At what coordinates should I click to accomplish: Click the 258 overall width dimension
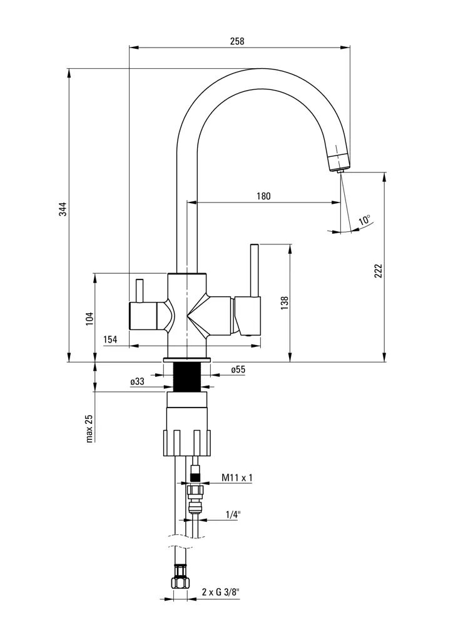point(237,41)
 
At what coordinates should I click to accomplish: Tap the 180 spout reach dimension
point(263,196)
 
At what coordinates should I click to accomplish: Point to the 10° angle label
point(364,221)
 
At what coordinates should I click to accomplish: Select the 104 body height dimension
point(89,317)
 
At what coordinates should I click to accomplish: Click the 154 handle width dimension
point(111,339)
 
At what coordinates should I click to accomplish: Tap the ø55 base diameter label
point(238,369)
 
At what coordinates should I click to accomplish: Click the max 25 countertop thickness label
point(89,428)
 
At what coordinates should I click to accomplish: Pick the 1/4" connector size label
point(233,515)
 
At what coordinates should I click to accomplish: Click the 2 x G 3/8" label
point(221,591)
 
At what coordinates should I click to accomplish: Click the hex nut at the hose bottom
point(180,582)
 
